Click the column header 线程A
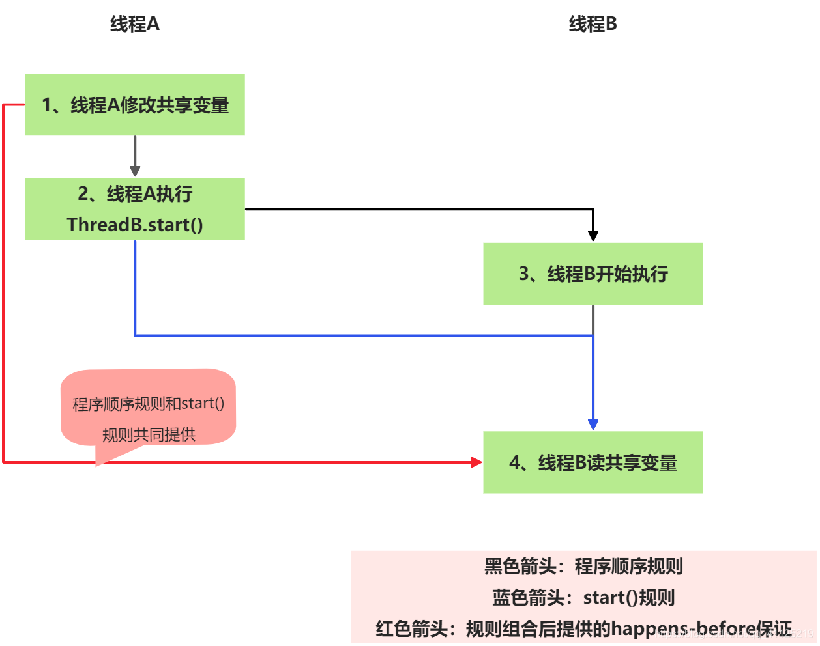pos(134,24)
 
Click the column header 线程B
pos(593,24)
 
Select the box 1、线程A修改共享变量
pos(135,105)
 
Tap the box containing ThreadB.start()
pos(135,209)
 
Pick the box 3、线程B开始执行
pos(593,274)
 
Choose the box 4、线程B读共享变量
pos(593,462)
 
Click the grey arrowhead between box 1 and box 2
pos(135,171)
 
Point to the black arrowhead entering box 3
pos(593,236)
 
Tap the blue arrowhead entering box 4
pos(593,425)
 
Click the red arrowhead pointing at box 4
pos(476,462)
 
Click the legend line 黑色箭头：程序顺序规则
pos(583,567)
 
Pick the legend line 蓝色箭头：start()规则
pos(583,598)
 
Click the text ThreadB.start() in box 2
pos(135,225)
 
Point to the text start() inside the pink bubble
pos(203,404)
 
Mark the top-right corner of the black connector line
pos(593,209)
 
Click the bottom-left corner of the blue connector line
pos(135,335)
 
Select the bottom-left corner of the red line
pos(4,462)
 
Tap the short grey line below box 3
pos(593,319)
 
